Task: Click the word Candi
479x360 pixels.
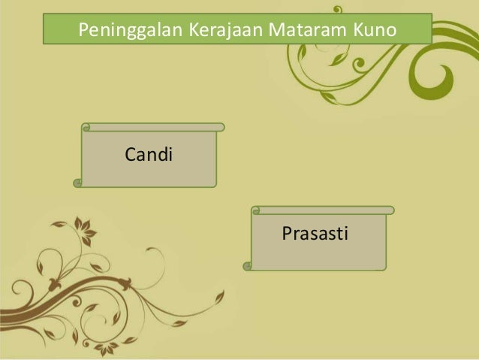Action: click(x=149, y=156)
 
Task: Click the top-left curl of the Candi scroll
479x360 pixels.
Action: click(x=86, y=128)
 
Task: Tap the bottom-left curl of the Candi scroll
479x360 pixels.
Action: click(x=77, y=182)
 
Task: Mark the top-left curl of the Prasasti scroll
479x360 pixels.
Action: click(x=256, y=211)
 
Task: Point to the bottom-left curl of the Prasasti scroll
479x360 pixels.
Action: click(x=247, y=265)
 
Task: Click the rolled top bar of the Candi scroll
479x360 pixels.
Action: click(x=154, y=127)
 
